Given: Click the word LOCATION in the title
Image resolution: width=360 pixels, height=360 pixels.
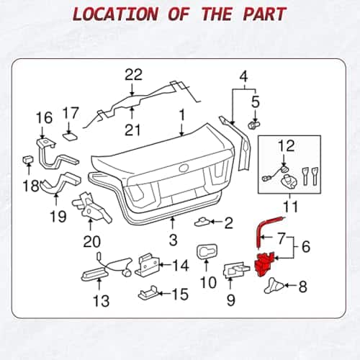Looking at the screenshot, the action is click(115, 14).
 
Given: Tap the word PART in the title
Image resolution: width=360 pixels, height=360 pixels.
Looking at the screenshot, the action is click(265, 14).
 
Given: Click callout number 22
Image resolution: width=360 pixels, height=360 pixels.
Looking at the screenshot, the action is click(133, 75).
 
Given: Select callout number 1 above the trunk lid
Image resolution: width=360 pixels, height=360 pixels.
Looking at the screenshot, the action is click(182, 114).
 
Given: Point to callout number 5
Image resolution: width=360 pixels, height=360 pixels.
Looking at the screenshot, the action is click(256, 102).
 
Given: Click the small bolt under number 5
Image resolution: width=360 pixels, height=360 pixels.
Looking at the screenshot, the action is click(253, 125).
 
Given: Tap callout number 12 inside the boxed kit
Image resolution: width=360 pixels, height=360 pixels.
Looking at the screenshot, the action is click(286, 145).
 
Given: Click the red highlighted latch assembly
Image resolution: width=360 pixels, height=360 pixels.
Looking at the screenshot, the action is click(264, 264).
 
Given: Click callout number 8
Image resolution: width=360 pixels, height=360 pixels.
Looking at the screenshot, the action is click(302, 287).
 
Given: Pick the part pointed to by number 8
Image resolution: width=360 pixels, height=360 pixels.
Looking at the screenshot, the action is click(274, 285).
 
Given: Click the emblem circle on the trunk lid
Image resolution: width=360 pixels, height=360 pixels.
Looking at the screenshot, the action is click(184, 168).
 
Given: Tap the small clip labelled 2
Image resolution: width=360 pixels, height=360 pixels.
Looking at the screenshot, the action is click(202, 222).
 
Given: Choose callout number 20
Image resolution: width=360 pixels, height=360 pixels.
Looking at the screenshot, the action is click(91, 241).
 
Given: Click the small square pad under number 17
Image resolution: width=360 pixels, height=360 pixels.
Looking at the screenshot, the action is click(71, 137).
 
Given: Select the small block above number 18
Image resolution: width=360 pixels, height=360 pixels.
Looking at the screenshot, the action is click(28, 159).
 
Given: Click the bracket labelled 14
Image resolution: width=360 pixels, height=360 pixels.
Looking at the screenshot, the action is click(147, 265).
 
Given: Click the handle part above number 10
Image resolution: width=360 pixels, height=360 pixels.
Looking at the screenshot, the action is click(207, 252).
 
